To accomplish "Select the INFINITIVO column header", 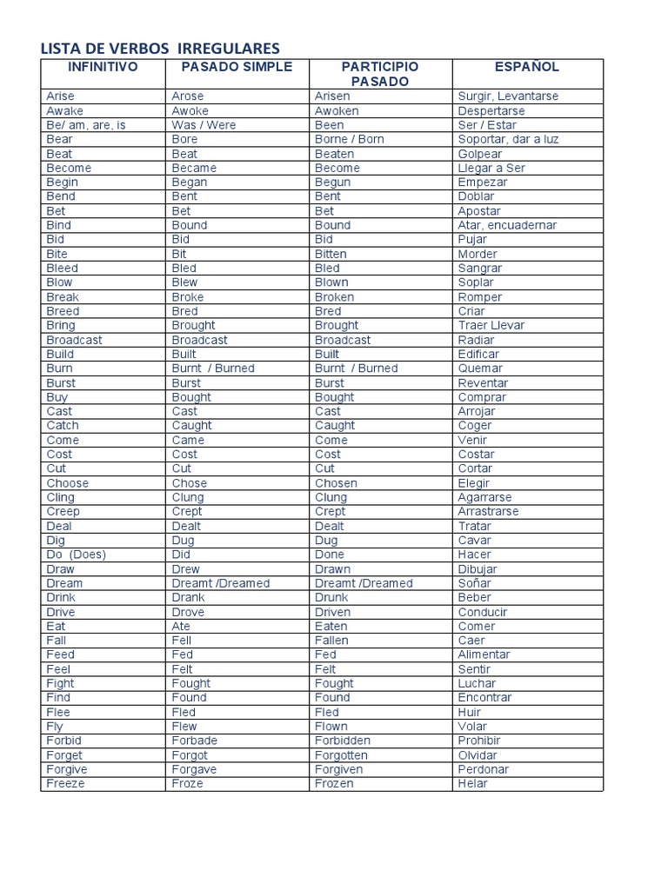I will [x=103, y=67].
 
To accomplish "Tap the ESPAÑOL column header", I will [x=527, y=67].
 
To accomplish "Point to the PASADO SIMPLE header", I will [x=237, y=67].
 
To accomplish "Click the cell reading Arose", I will [x=189, y=96].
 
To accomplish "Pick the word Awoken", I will [x=337, y=110].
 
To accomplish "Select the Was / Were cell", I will [x=204, y=125].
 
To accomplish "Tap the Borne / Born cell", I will [x=350, y=139].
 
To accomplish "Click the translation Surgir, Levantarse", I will [x=508, y=96].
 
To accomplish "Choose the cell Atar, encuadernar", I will [x=507, y=225].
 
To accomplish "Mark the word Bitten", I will [x=331, y=254].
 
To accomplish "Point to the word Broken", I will [x=335, y=296].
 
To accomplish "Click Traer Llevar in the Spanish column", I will [x=491, y=325].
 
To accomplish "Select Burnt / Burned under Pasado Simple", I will [x=213, y=369].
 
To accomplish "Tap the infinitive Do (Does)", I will [x=76, y=555].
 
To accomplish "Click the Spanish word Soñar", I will [x=475, y=583].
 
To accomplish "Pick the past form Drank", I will [x=189, y=597].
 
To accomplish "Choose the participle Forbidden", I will [x=343, y=741].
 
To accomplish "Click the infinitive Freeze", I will [x=66, y=783].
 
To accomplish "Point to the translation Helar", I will [x=473, y=783].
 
